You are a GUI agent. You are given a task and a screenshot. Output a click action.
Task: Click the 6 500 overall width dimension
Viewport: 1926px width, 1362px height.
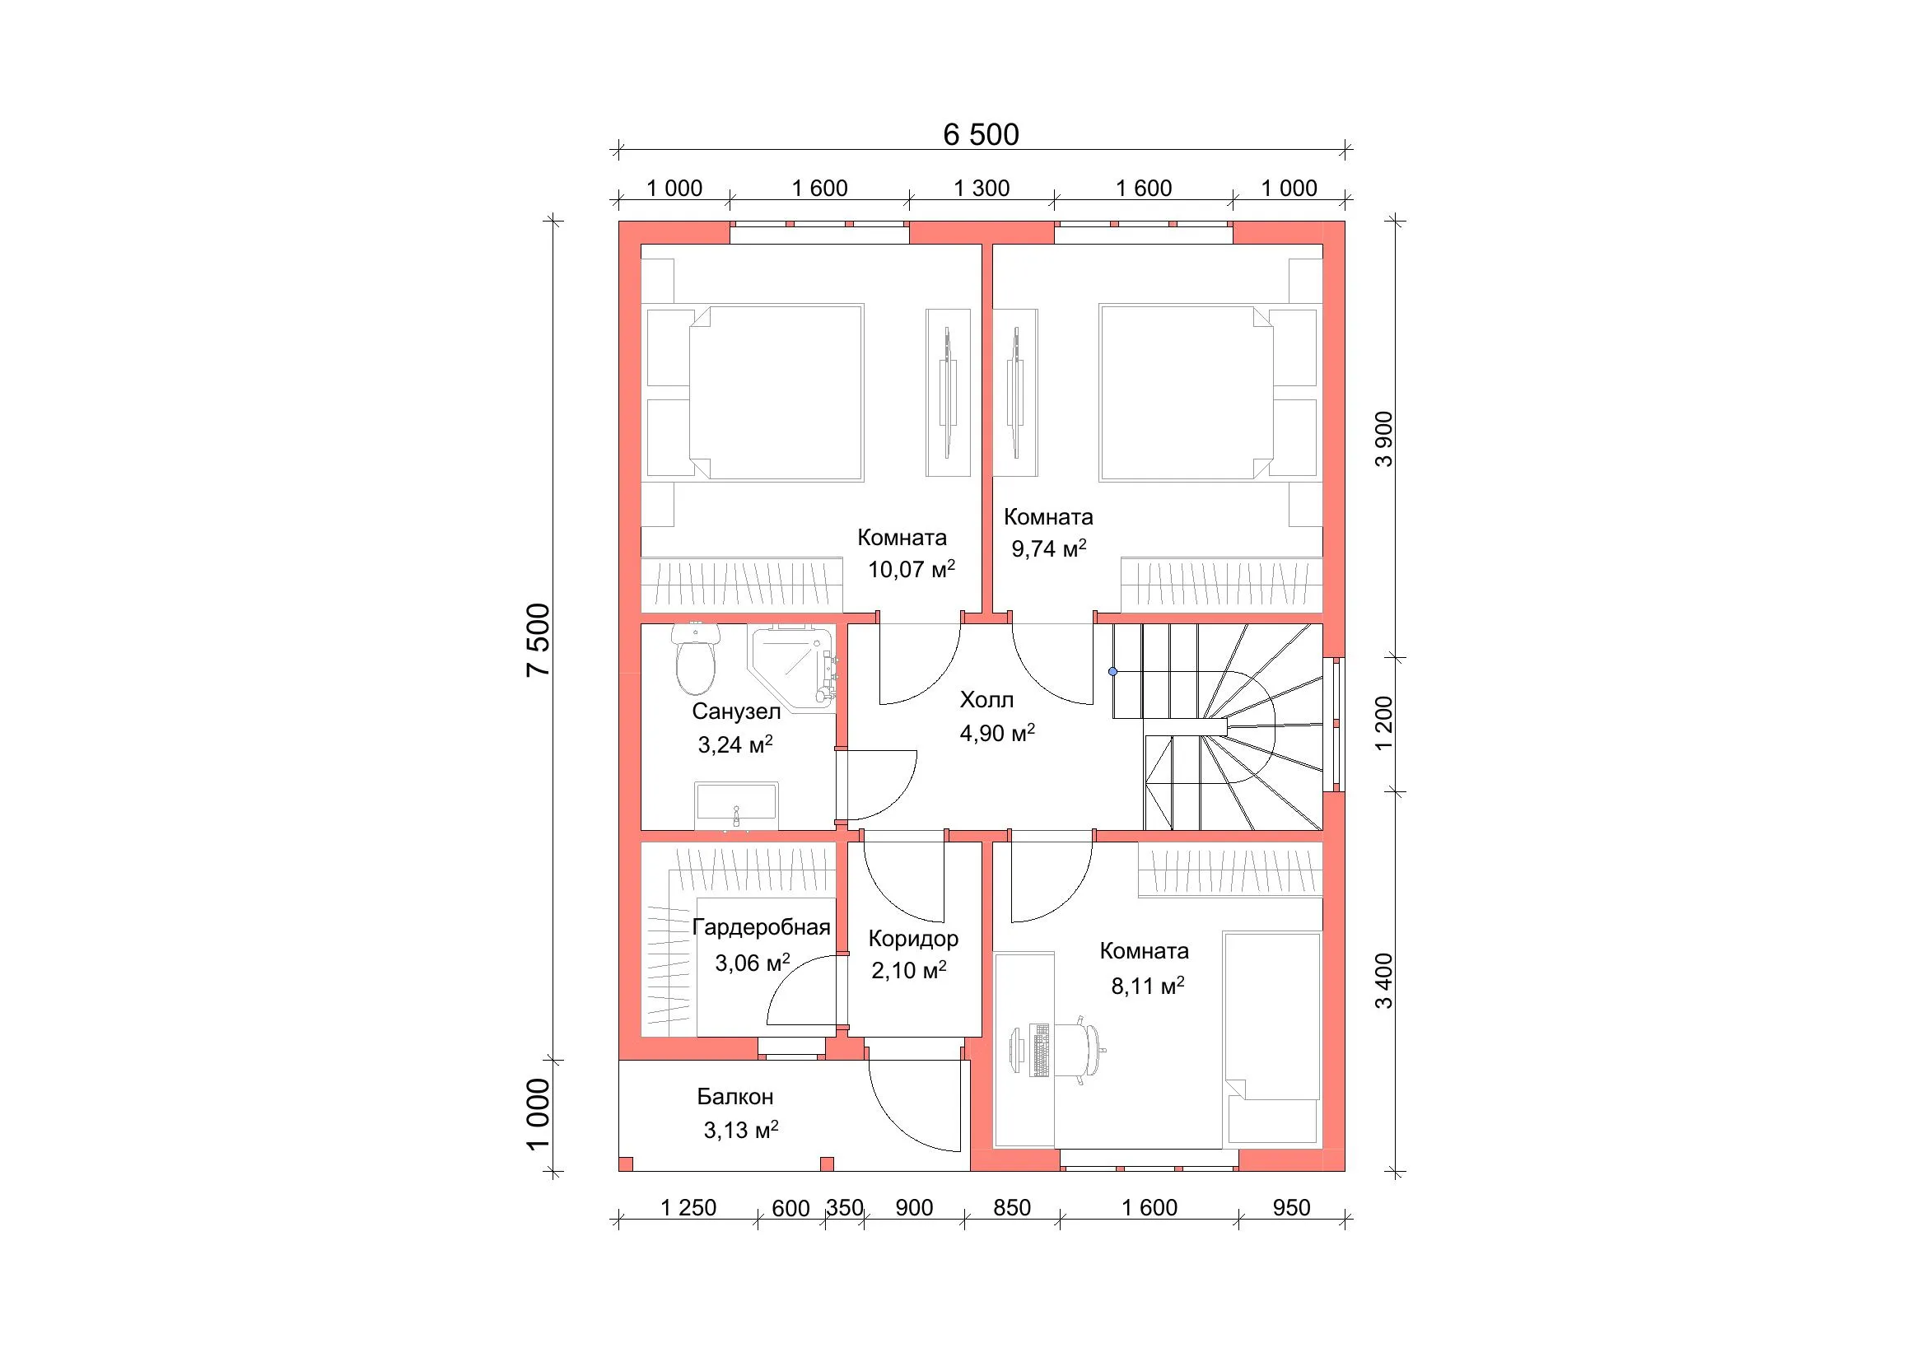point(981,135)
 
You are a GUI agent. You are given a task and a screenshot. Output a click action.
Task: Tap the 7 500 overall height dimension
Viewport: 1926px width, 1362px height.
point(539,640)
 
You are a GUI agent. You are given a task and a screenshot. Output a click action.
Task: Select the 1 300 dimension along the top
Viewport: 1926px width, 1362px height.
point(982,189)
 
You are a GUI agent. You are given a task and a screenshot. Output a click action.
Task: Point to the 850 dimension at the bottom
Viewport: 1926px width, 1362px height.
point(1012,1208)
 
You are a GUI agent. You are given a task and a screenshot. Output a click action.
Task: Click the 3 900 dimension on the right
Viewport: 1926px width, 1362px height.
point(1384,439)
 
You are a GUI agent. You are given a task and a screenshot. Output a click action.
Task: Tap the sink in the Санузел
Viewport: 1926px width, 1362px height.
point(736,807)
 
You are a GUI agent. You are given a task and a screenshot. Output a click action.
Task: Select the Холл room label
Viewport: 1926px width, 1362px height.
point(986,699)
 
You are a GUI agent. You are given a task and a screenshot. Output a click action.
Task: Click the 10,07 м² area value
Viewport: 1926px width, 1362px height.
point(911,570)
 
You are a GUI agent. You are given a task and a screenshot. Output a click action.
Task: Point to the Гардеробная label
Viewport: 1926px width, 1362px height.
point(761,927)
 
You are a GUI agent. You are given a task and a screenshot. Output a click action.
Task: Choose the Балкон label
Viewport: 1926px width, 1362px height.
point(734,1097)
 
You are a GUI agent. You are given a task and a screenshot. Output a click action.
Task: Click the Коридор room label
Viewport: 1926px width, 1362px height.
point(913,940)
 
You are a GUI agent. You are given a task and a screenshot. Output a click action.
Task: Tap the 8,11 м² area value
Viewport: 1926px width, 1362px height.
point(1148,987)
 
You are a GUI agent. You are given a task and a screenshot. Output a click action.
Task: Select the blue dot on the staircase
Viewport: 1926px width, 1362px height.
point(1113,672)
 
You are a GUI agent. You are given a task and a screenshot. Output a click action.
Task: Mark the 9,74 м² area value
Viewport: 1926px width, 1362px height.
point(1048,548)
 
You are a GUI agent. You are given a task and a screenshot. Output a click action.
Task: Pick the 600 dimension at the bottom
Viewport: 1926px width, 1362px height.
point(790,1209)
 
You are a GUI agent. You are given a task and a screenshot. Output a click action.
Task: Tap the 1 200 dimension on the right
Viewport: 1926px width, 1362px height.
point(1384,724)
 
